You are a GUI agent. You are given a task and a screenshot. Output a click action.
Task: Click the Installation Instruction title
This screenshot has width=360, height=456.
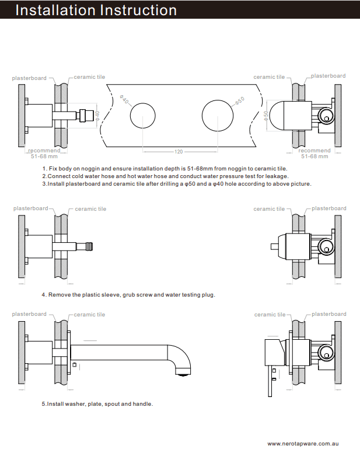point(96,10)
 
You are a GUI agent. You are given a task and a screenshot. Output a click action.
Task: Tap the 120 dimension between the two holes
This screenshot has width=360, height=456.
point(179,152)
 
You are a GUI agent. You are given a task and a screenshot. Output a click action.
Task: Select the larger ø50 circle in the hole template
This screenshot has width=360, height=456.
point(218,115)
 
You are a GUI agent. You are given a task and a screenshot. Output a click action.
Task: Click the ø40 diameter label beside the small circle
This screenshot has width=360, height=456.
point(124,100)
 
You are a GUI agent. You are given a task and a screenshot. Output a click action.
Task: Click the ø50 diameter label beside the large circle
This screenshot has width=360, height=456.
point(239,101)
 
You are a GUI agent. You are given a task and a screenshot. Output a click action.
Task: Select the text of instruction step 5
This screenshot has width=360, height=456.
point(97,403)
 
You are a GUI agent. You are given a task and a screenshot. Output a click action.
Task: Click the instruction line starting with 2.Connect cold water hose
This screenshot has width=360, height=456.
point(165,176)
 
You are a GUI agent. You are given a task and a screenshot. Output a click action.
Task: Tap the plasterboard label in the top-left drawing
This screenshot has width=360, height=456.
point(29,78)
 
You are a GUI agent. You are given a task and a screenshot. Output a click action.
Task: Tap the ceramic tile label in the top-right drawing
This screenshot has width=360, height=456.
point(269,77)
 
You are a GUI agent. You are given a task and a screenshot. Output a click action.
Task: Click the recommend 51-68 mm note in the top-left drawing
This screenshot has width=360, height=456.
point(44,154)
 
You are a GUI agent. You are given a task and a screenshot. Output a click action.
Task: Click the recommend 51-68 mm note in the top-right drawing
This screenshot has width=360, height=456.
point(314,154)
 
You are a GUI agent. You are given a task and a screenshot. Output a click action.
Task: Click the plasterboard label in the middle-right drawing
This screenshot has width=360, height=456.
point(328,208)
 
